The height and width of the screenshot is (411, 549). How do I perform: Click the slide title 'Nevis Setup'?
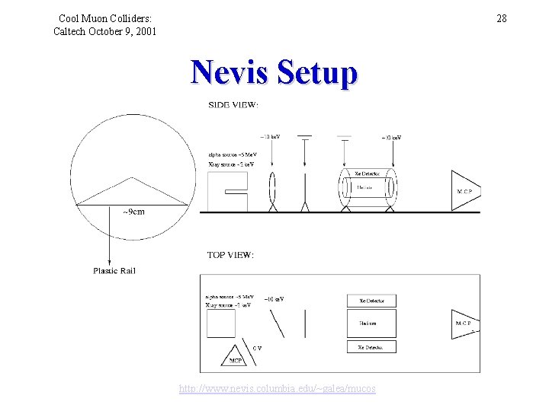tap(274, 74)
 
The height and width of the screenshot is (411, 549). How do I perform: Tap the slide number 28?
tap(501, 18)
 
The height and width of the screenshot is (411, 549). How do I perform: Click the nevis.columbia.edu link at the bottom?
tap(277, 389)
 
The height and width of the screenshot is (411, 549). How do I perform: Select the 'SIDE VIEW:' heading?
tap(233, 105)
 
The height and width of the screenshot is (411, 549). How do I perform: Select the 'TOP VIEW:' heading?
tap(230, 255)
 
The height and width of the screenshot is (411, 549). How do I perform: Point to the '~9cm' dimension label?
tap(133, 212)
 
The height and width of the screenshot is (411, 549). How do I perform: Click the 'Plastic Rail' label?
tap(114, 270)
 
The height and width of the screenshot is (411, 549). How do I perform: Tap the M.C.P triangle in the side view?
tap(466, 190)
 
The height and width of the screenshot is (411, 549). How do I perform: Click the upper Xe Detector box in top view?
tap(371, 301)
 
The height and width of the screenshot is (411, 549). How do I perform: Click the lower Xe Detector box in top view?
tap(371, 347)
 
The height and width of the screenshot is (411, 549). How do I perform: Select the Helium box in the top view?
tap(371, 323)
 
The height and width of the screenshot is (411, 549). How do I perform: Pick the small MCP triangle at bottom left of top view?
tap(236, 355)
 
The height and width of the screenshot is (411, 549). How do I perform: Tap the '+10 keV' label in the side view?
tap(391, 138)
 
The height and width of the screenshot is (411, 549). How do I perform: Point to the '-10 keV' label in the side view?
tap(270, 136)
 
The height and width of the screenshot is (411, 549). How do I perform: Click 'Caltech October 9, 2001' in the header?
tap(104, 31)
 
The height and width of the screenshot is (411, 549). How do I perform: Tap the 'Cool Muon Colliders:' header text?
tap(105, 18)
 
